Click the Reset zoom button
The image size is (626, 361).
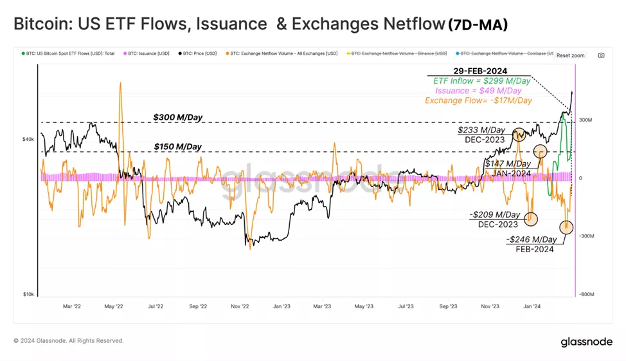570,55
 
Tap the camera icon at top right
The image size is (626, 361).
601,55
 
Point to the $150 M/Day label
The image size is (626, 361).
177,147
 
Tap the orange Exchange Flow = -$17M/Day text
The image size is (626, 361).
478,100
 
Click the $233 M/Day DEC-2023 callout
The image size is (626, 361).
482,134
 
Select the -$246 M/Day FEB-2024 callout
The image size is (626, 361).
531,244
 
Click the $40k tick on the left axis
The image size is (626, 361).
28,139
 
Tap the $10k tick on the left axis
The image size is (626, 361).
28,294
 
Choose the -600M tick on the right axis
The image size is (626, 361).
585,294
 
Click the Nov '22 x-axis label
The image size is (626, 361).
240,307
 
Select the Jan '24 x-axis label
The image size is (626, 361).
532,307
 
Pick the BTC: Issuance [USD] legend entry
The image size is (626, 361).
148,53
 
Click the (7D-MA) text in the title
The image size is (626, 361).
478,25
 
